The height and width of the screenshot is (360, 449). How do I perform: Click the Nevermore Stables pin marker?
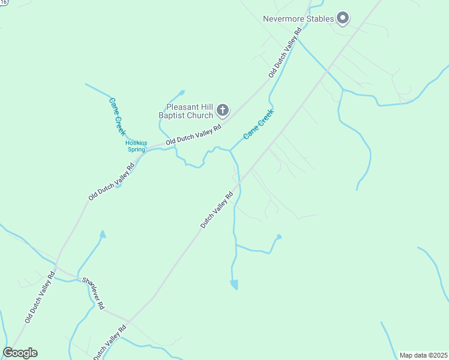click(343, 19)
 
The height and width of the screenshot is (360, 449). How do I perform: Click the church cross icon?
click(223, 110)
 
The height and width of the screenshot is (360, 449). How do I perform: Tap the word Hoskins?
click(136, 143)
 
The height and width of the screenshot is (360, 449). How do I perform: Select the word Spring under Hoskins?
click(136, 149)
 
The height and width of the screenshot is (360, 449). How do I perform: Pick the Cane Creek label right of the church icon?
click(259, 124)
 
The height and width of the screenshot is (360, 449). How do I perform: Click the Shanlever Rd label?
click(93, 294)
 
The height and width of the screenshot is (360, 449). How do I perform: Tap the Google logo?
click(20, 353)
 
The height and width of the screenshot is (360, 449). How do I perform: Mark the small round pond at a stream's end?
click(279, 237)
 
